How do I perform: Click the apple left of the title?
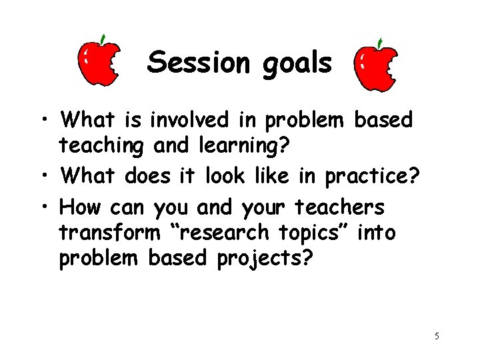pyautogui.click(x=99, y=63)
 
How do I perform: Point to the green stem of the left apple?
pyautogui.click(x=102, y=39)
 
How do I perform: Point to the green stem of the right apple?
pyautogui.click(x=378, y=43)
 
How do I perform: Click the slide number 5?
pyautogui.click(x=437, y=336)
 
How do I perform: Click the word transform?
pyautogui.click(x=110, y=233)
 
